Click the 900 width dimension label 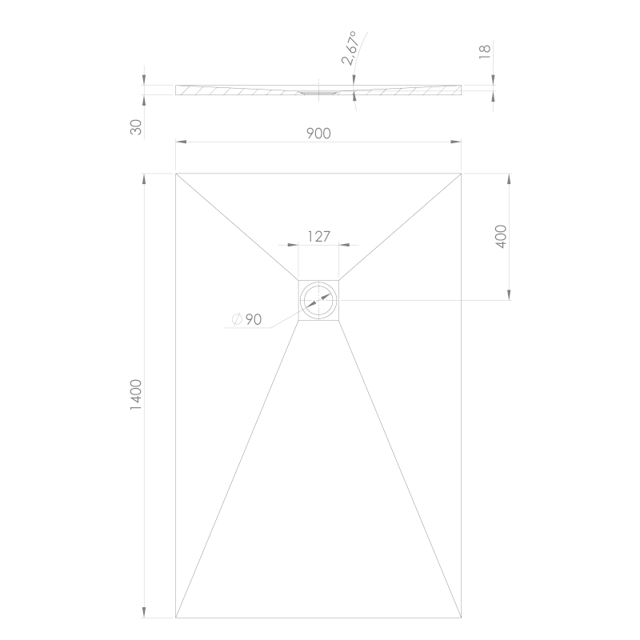click(x=318, y=133)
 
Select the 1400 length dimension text click(x=136, y=394)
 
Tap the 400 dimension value click(x=501, y=236)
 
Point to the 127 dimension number click(x=318, y=236)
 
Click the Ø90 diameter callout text click(x=246, y=319)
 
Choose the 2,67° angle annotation click(x=350, y=48)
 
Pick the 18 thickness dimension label click(x=484, y=51)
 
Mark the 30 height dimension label click(x=136, y=127)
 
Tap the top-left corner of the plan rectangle click(x=176, y=174)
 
